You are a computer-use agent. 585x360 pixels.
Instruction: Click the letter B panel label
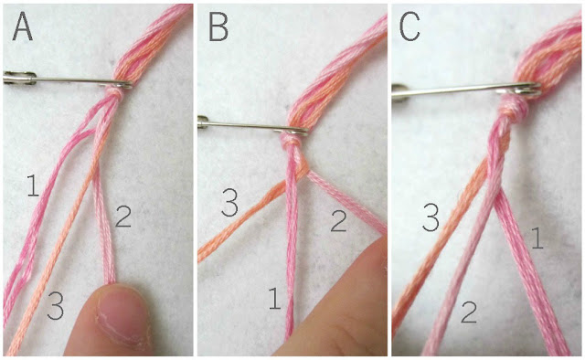tap(218, 28)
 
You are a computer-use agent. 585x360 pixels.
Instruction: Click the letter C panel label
tap(409, 28)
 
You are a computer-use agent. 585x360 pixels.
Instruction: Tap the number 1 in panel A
tap(33, 185)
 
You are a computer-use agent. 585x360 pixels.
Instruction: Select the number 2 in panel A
tap(123, 217)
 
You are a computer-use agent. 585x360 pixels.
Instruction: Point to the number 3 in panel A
tap(55, 306)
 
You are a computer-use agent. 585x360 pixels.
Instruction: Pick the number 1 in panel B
tap(274, 298)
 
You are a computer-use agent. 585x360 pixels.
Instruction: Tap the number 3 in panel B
tap(229, 203)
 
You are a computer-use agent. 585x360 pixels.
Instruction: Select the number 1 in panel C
tap(537, 238)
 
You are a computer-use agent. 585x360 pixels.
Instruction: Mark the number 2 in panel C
tap(469, 312)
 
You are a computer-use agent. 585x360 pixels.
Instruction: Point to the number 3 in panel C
tap(431, 217)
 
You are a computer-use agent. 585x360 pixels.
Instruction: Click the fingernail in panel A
tap(119, 312)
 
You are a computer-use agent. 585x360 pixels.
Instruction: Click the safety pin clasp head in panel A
tap(20, 78)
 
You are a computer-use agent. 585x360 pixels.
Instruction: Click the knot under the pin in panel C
tap(516, 106)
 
